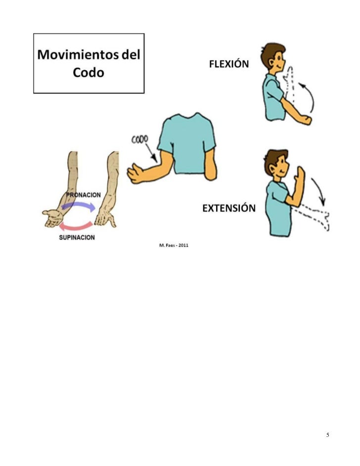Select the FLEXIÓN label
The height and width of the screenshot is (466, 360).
pyautogui.click(x=229, y=65)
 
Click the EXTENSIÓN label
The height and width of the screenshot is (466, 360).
pyautogui.click(x=229, y=208)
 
